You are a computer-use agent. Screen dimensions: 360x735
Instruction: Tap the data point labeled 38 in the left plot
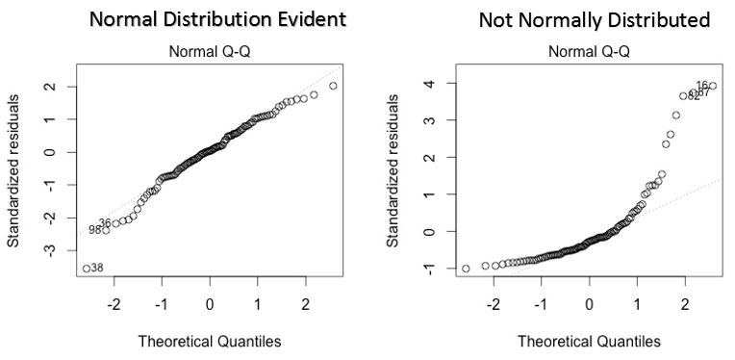87,268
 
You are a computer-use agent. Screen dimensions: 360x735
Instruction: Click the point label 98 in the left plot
95,230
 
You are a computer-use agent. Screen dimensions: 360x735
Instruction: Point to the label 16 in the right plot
702,86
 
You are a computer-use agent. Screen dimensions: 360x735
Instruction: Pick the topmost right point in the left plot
333,86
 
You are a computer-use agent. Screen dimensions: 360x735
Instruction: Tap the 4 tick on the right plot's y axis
440,85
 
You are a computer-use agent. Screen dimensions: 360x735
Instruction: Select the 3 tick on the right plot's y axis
440,121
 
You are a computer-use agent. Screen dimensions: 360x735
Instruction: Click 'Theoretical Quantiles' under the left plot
210,342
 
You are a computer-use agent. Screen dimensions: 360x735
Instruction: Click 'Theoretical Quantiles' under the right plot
589,342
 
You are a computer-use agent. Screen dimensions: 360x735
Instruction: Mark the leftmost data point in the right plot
467,269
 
